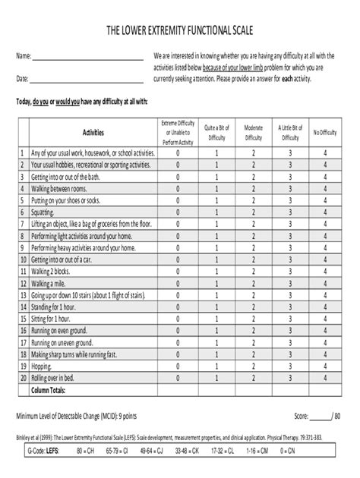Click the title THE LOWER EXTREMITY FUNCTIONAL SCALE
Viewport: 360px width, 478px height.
pos(180,30)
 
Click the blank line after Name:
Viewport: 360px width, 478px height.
pos(88,58)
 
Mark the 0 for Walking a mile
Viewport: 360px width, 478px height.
pos(178,282)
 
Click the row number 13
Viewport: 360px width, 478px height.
pos(24,295)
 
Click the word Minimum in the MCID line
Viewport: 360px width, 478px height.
pos(30,417)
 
